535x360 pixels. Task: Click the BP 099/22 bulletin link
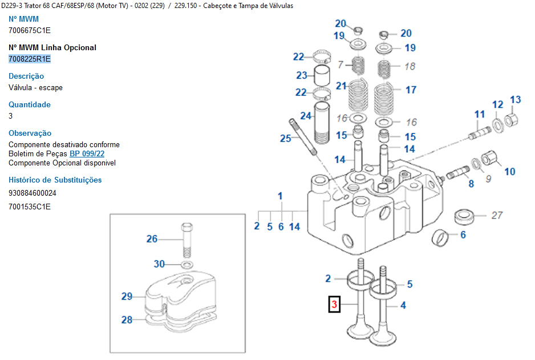(87, 154)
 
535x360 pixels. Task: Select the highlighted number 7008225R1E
(30, 59)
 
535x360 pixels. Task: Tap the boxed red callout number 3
(335, 305)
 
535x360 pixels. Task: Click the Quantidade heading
(30, 104)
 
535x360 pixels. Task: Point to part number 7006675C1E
(30, 30)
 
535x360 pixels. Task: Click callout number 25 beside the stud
(285, 138)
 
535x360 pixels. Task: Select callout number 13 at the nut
(515, 100)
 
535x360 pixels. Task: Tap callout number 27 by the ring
(497, 215)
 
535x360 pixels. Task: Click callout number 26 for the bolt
(152, 239)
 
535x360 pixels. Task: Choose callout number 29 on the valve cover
(127, 296)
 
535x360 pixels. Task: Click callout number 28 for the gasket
(127, 320)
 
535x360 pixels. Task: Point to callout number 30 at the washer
(159, 264)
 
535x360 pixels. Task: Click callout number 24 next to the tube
(306, 116)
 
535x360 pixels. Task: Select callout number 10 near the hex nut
(509, 171)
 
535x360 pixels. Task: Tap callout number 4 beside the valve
(403, 305)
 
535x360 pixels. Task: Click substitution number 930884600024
(33, 193)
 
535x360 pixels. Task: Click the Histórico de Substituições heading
(55, 180)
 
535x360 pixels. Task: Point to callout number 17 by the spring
(411, 90)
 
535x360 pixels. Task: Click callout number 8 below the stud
(471, 184)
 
